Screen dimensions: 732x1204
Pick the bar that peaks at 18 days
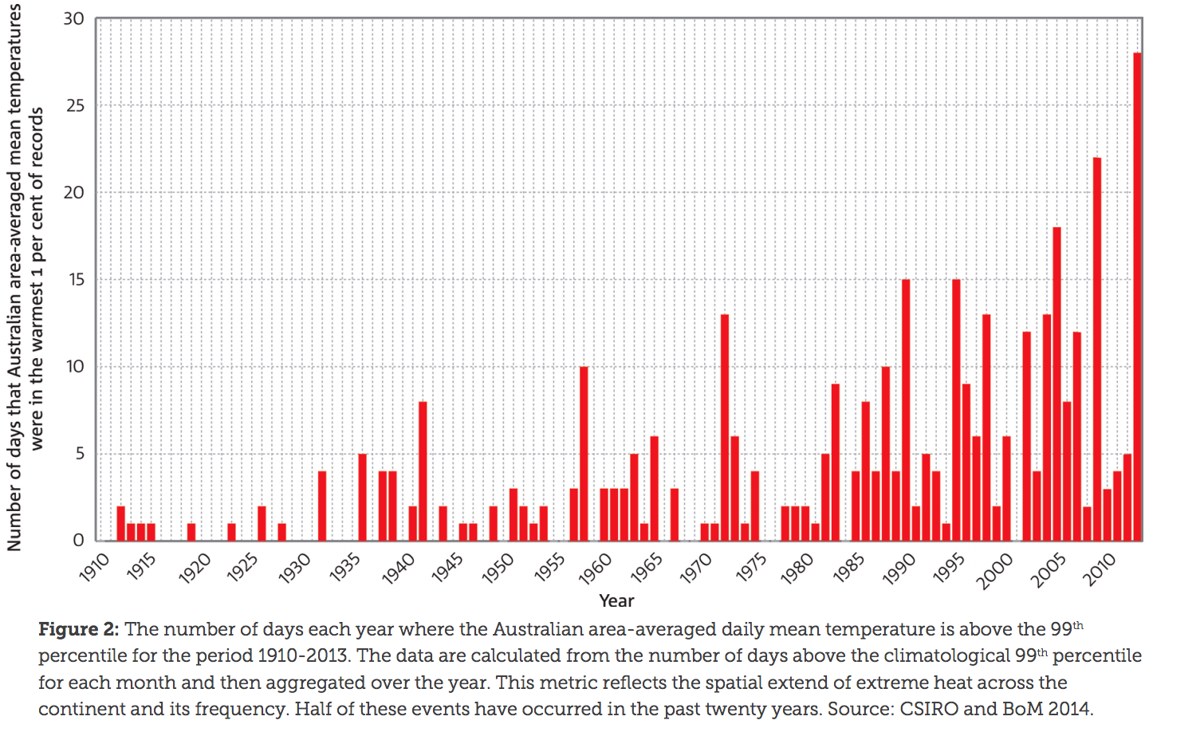click(x=1056, y=384)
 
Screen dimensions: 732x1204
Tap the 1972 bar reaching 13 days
click(x=725, y=427)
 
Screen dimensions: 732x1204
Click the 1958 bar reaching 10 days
click(x=584, y=454)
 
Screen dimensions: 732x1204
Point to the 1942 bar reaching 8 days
click(x=423, y=471)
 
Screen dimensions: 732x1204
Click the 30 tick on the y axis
click(x=74, y=18)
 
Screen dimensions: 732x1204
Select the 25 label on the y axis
click(x=74, y=105)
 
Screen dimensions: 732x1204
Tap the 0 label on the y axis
click(x=78, y=541)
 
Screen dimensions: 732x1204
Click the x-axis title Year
click(x=616, y=601)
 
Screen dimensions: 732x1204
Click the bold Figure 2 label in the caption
click(x=78, y=630)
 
